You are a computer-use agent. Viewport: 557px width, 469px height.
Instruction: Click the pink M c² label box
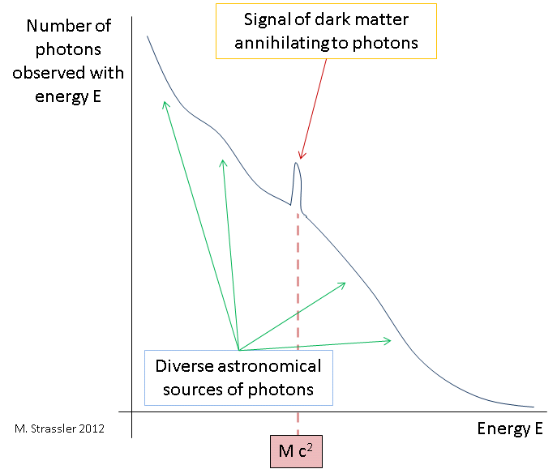pos(298,450)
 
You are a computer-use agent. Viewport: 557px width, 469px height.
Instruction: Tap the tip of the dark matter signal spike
pos(297,164)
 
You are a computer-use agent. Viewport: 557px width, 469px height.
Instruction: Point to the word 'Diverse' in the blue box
pos(182,366)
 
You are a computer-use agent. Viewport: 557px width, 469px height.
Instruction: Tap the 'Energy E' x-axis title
pos(509,428)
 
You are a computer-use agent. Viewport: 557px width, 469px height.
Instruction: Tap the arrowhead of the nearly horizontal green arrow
pos(390,340)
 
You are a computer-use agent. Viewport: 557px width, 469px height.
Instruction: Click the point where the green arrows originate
pos(237,350)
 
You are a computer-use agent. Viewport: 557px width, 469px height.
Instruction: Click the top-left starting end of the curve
pos(147,36)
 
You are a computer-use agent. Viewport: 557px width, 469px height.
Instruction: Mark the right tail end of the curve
pos(533,407)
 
